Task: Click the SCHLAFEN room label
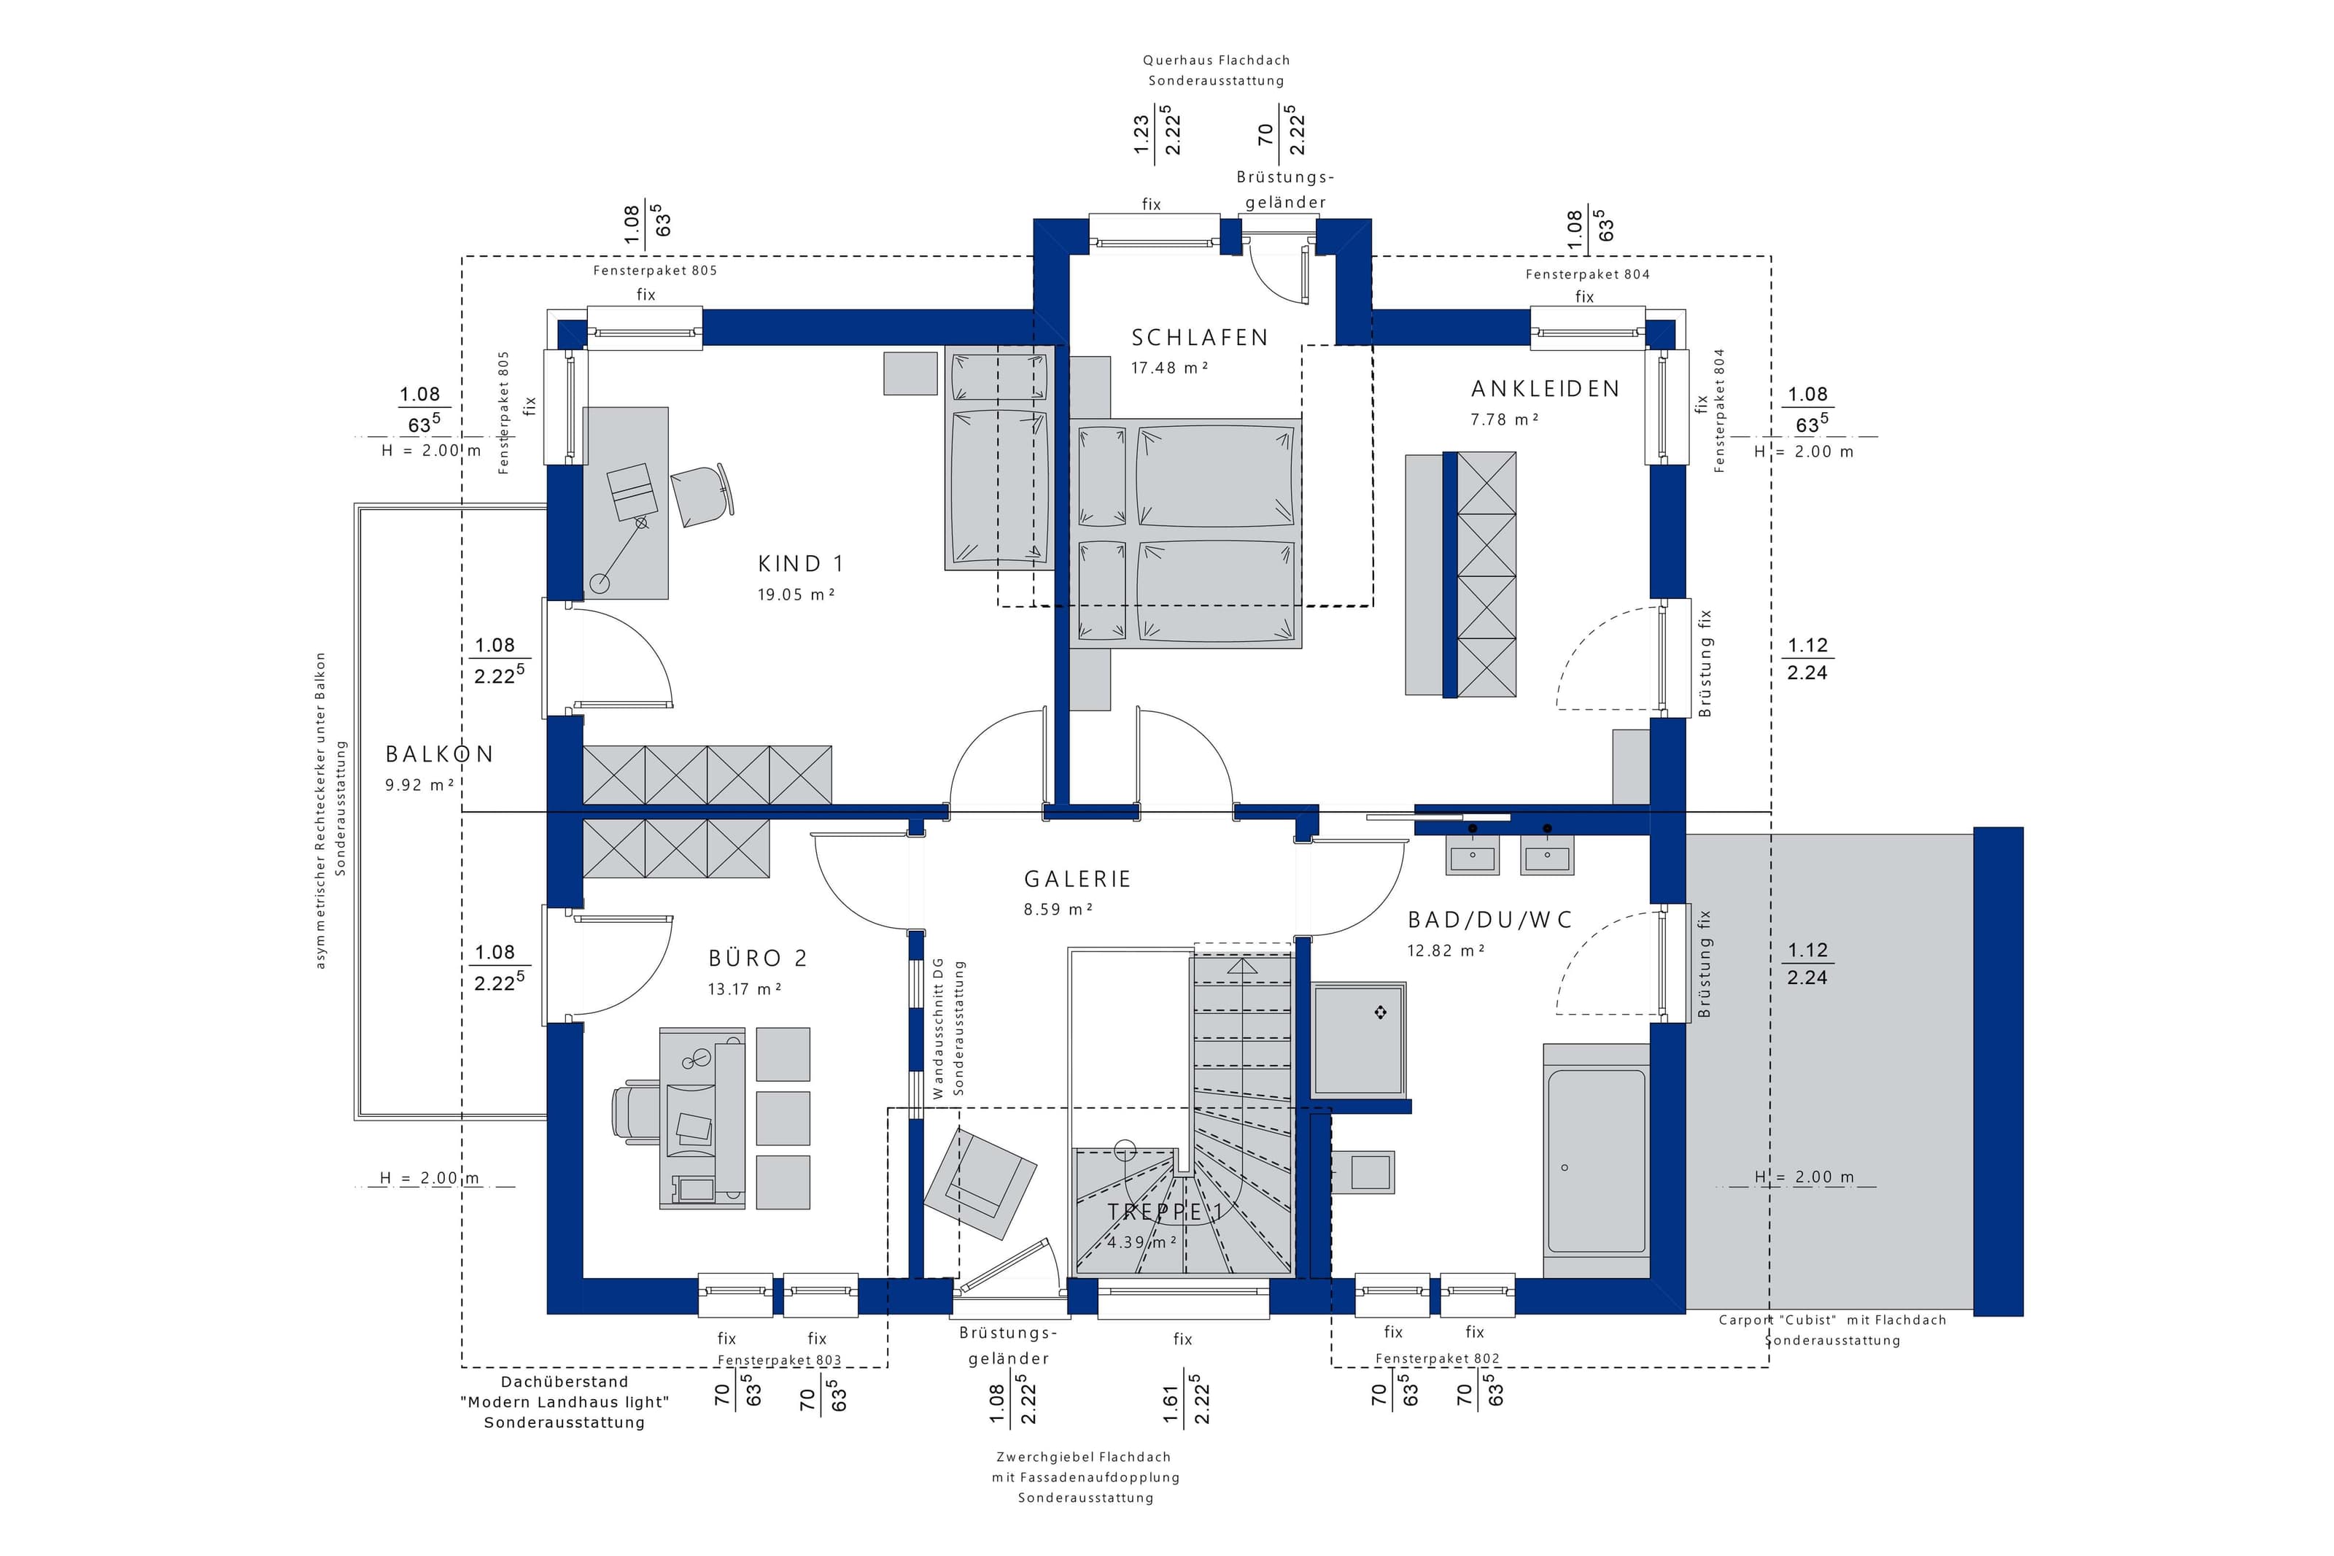point(1199,338)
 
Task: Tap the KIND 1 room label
point(800,564)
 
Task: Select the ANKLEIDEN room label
point(1544,389)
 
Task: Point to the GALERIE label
point(1077,878)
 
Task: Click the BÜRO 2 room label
point(758,958)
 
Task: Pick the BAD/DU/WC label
point(1490,920)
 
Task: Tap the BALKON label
point(439,754)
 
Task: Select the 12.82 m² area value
point(1445,951)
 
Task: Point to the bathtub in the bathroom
point(1596,1160)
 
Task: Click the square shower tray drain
point(1380,1013)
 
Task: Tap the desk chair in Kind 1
point(702,495)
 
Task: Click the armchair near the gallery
point(980,1183)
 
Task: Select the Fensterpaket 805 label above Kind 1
point(655,270)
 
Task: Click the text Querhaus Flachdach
point(1216,61)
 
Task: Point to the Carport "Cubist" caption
point(1832,1320)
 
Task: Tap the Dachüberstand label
point(565,1382)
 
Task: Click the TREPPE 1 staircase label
point(1165,1212)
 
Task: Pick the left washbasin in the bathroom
point(1473,854)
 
